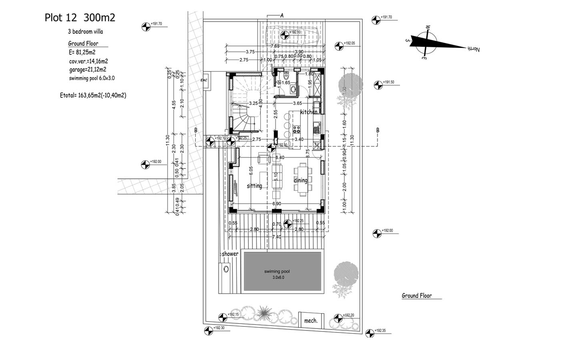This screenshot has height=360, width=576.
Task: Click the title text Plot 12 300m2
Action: point(80,18)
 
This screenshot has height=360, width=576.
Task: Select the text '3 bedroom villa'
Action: point(86,32)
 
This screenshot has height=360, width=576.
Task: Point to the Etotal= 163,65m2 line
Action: point(93,95)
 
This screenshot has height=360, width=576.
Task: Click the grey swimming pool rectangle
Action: point(282,271)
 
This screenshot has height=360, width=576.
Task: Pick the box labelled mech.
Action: point(311,320)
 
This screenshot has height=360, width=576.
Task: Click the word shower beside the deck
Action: point(230,254)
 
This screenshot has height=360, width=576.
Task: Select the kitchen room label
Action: point(309,112)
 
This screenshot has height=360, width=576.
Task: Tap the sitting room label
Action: point(254,186)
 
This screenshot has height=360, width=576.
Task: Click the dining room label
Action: point(301,180)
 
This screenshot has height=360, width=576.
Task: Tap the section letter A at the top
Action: point(282,16)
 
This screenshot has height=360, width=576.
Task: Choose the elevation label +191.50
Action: point(388,82)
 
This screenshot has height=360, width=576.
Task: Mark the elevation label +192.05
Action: point(349,43)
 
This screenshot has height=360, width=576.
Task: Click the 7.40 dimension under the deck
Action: point(277,237)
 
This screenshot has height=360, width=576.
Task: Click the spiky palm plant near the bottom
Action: point(263,313)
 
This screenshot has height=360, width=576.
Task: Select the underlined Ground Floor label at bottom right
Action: point(416,296)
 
